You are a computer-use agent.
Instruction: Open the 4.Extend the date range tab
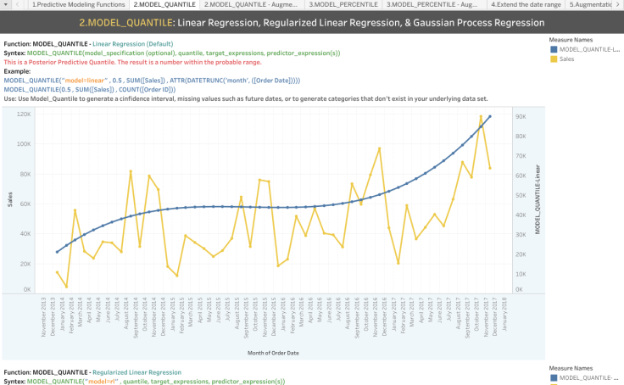[526, 5]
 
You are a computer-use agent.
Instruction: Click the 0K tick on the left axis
[28, 289]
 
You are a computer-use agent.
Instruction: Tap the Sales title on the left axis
[10, 200]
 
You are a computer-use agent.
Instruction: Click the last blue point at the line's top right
[489, 117]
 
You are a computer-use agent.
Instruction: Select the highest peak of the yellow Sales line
[481, 116]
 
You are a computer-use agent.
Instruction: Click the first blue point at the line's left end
[57, 252]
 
